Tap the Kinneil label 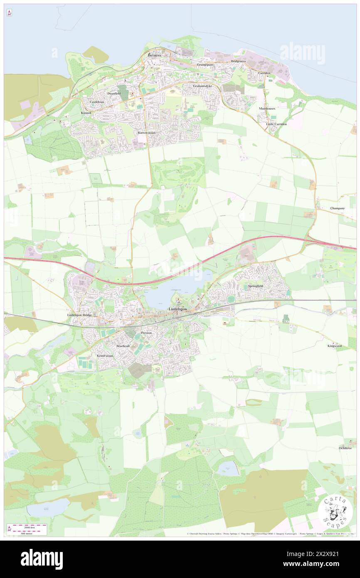point(86,113)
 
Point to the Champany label point(337,208)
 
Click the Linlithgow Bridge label point(79,315)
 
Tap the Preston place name point(146,333)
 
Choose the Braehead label point(123,346)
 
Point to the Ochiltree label point(345,448)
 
